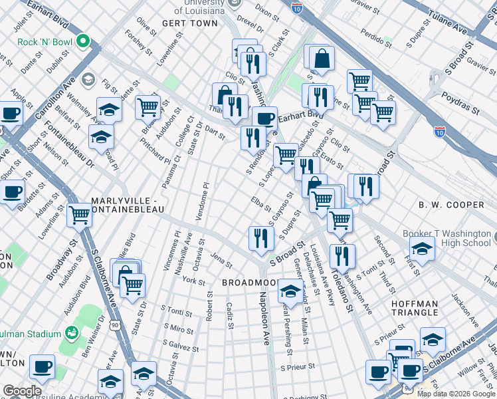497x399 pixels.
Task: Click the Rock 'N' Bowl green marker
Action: coord(83,42)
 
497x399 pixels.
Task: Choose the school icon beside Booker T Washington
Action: coord(421,250)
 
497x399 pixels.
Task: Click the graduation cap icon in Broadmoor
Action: coord(290,291)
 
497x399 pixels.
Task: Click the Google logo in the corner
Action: coord(21,391)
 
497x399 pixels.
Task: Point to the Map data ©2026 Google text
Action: coord(456,394)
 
